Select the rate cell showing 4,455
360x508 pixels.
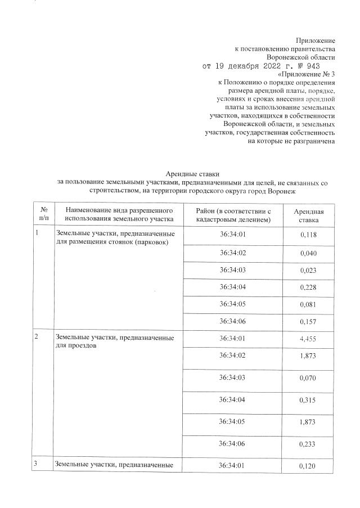click(x=309, y=339)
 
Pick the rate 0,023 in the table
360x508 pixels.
click(x=309, y=270)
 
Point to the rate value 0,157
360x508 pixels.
click(x=309, y=322)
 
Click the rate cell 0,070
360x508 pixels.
click(x=309, y=379)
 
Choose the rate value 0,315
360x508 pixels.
click(x=309, y=400)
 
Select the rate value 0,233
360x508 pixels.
click(x=309, y=444)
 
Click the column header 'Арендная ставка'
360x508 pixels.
click(x=309, y=214)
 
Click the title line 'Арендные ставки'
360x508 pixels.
click(x=191, y=174)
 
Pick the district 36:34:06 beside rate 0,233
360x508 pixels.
click(x=233, y=444)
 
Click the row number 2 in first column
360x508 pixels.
click(x=37, y=338)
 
